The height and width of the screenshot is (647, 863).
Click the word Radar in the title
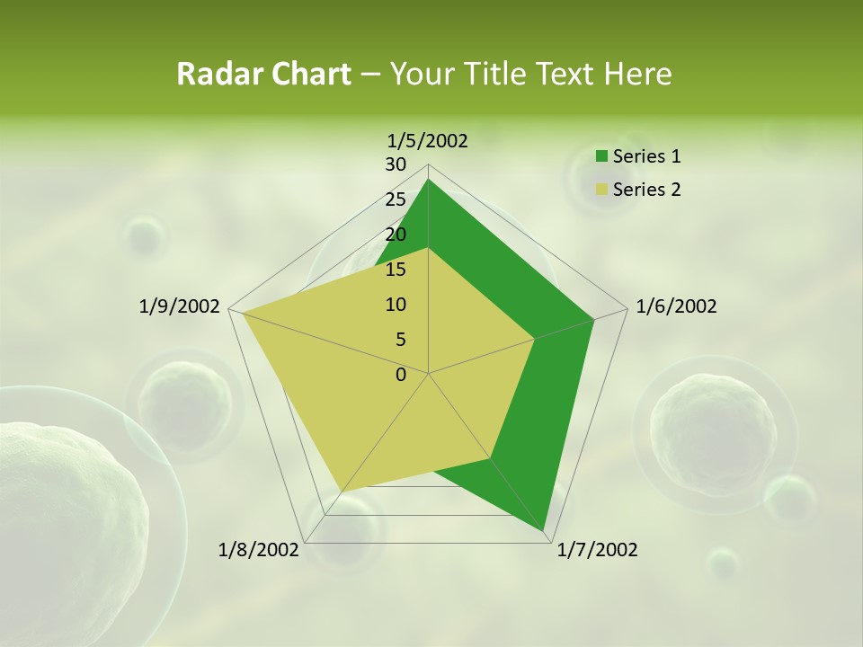pyautogui.click(x=212, y=75)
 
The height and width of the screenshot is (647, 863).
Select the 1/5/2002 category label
pyautogui.click(x=428, y=141)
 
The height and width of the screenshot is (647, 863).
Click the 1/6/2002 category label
pyautogui.click(x=676, y=306)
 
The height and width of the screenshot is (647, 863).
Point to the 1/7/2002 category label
pyautogui.click(x=597, y=550)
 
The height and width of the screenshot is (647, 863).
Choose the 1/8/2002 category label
pyautogui.click(x=259, y=550)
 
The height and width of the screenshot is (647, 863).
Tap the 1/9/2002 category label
pyautogui.click(x=179, y=306)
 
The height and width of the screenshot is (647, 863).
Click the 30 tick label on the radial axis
pyautogui.click(x=396, y=164)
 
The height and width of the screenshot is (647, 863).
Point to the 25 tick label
pyautogui.click(x=396, y=199)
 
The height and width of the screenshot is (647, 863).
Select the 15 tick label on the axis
pyautogui.click(x=396, y=270)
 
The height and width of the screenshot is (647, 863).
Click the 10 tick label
pyautogui.click(x=396, y=305)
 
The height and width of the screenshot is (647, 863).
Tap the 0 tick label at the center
pyautogui.click(x=401, y=375)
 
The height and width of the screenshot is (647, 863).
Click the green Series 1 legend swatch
pyautogui.click(x=601, y=157)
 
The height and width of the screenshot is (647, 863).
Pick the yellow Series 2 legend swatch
pyautogui.click(x=601, y=191)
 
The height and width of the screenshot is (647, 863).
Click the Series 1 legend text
pyautogui.click(x=646, y=156)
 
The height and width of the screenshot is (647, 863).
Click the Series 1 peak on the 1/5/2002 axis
pyautogui.click(x=429, y=180)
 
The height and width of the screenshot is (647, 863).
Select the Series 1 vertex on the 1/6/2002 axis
pyautogui.click(x=593, y=319)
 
